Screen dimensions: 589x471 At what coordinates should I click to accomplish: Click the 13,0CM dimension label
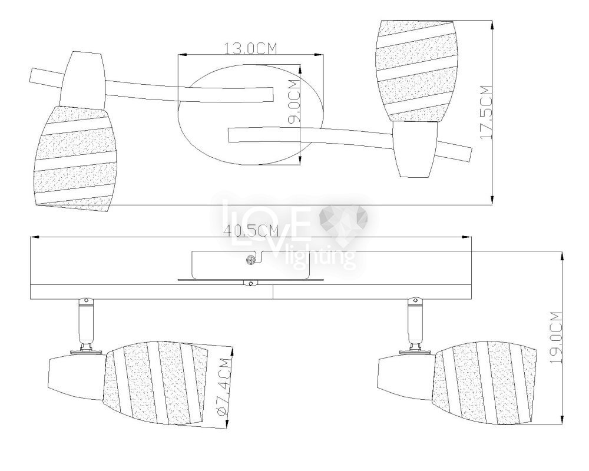tap(250, 48)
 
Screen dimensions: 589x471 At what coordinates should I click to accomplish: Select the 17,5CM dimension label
tap(486, 112)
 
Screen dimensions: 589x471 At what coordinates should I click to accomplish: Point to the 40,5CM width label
tap(251, 230)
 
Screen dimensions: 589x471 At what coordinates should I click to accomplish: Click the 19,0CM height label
tap(555, 337)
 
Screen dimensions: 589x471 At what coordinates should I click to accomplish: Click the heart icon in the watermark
tap(343, 221)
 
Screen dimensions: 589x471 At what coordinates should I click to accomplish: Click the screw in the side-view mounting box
tap(250, 260)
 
